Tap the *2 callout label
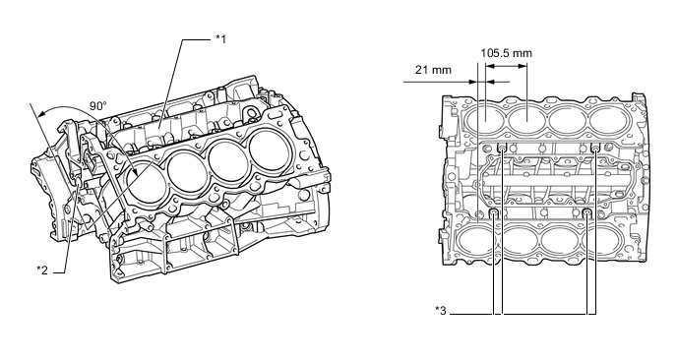42,269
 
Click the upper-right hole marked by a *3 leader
594,148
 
